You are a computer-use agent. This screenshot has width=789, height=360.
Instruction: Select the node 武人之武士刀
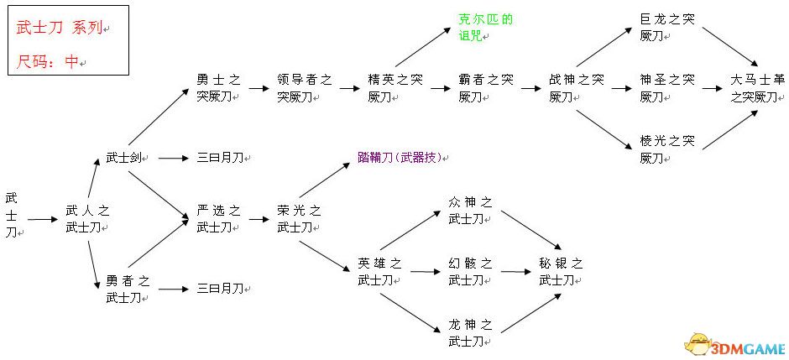(x=88, y=218)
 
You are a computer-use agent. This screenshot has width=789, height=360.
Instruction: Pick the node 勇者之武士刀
(x=128, y=288)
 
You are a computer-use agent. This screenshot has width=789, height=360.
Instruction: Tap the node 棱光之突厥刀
(x=667, y=149)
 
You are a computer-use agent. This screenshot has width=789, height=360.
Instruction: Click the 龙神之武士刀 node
(x=471, y=332)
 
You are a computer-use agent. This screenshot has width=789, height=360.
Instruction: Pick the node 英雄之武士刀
(x=379, y=271)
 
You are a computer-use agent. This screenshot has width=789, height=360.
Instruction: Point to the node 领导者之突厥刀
(x=304, y=88)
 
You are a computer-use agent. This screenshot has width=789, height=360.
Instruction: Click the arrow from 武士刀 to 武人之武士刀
(x=41, y=220)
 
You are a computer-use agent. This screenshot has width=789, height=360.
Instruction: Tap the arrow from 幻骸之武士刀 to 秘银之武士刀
(x=514, y=271)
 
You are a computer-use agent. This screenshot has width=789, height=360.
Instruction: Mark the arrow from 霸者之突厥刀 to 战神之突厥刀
(x=530, y=88)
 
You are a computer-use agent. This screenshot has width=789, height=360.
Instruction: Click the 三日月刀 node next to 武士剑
(x=220, y=157)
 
